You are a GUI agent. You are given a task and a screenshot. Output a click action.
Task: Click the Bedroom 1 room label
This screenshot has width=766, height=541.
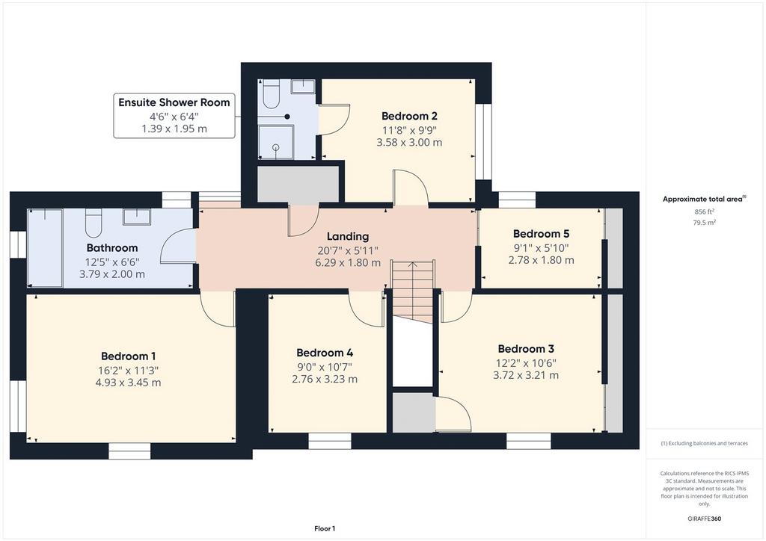128,356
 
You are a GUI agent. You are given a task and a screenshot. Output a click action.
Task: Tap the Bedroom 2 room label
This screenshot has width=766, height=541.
409,116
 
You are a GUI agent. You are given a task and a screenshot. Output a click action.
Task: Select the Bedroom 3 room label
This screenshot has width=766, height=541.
526,349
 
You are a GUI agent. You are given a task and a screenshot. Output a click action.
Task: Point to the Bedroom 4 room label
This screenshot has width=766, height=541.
325,353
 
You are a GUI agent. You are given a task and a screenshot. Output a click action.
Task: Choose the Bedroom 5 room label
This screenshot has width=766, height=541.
541,234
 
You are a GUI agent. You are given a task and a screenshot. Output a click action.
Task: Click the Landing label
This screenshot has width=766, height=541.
347,237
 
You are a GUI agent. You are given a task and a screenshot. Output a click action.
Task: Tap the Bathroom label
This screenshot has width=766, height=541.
112,248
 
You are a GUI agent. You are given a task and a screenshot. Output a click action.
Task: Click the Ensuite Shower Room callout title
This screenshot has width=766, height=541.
174,102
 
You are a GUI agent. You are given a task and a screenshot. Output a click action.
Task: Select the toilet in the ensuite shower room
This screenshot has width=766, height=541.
271,93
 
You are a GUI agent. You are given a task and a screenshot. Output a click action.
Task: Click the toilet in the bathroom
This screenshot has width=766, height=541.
94,223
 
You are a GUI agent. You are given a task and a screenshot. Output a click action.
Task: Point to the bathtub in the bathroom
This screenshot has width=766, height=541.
45,248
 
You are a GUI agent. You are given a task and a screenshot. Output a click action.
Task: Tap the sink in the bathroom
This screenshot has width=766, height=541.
138,217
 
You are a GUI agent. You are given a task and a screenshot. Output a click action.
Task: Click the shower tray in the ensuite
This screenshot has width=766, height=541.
276,142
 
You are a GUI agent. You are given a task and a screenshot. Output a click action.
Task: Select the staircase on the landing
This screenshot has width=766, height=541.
413,291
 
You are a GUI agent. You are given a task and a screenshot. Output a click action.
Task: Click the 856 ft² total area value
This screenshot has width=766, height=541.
705,211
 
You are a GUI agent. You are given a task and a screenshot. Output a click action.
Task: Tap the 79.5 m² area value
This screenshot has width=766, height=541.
705,223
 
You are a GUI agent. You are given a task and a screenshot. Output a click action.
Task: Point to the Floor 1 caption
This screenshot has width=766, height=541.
325,528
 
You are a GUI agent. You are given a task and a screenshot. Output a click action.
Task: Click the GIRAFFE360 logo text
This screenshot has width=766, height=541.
704,519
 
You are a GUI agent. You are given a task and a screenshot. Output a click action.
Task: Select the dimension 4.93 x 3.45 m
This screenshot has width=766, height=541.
128,383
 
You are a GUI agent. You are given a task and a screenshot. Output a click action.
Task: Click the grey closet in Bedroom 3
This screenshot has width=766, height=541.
414,412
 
